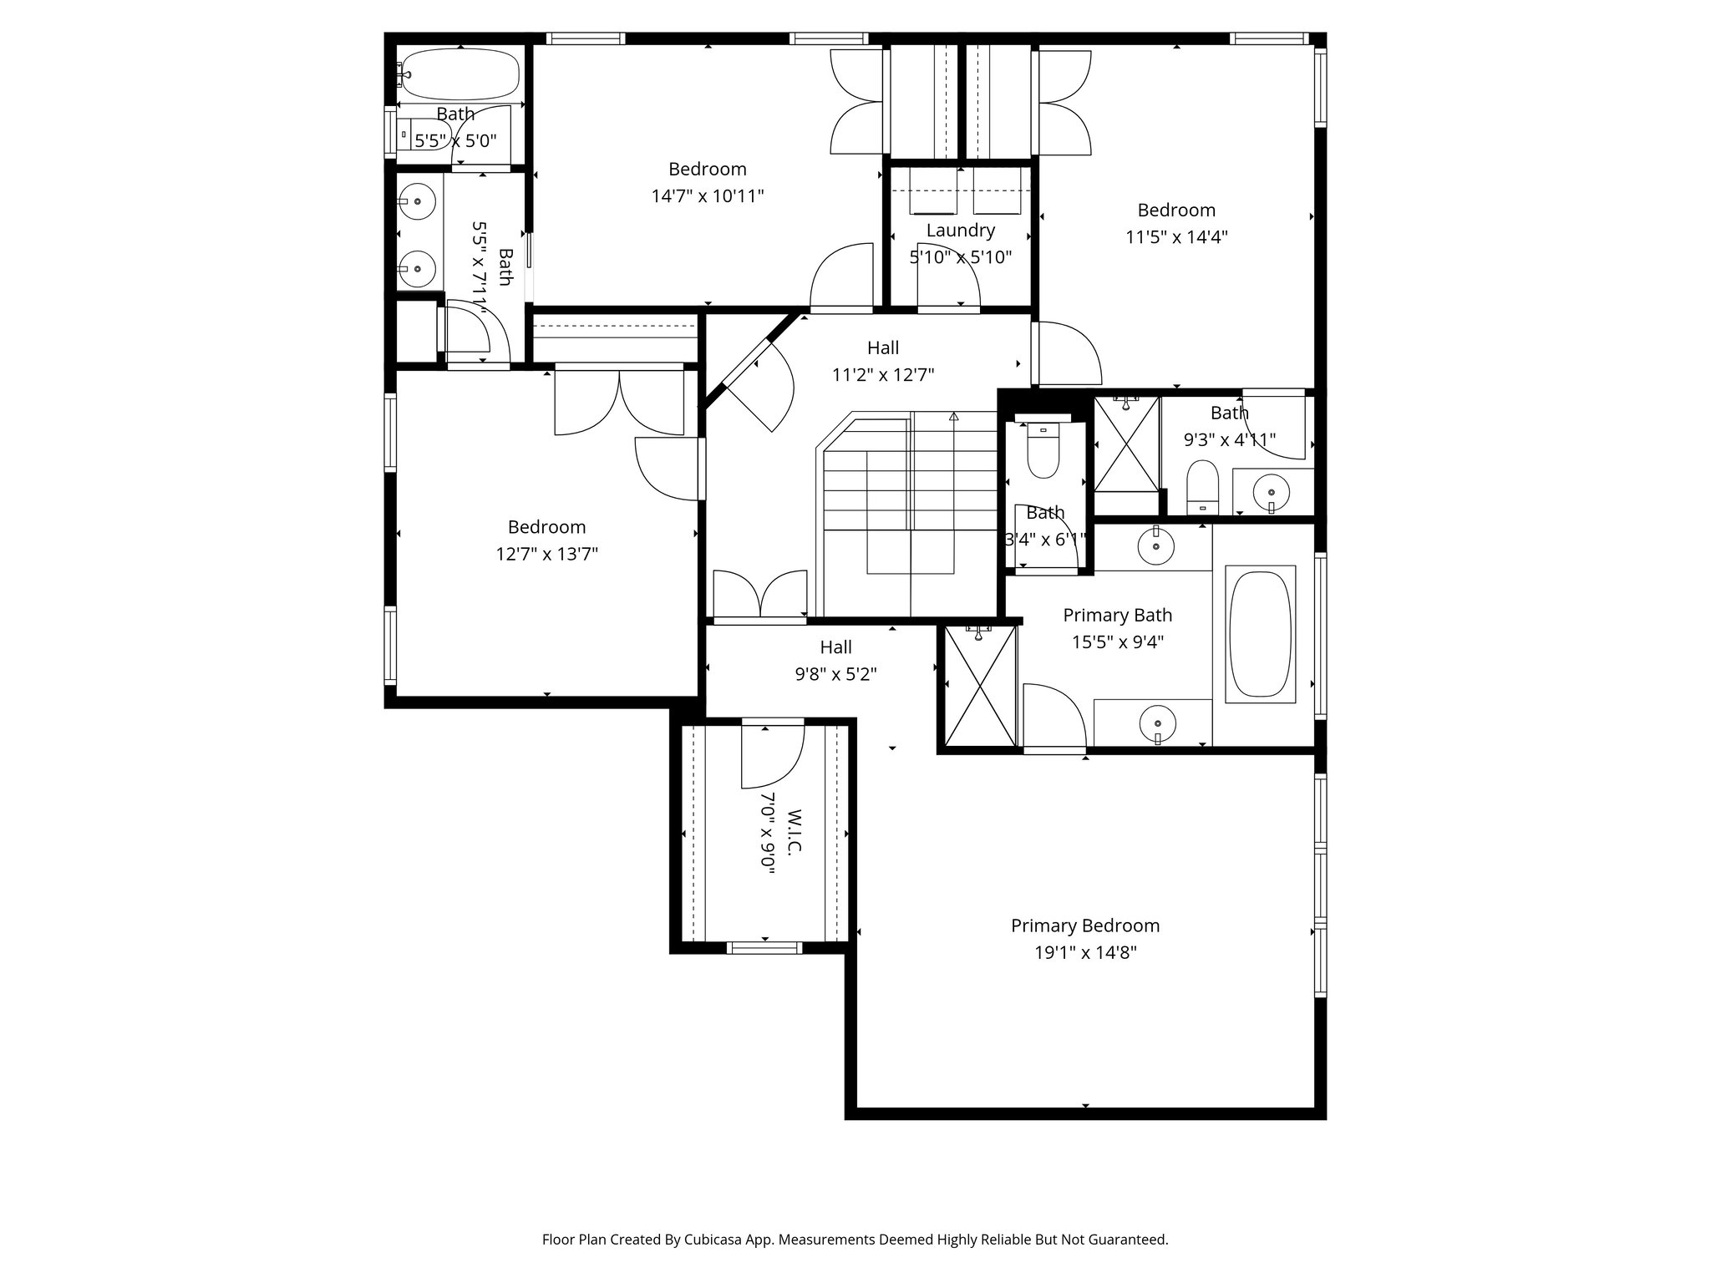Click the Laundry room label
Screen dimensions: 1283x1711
coord(960,230)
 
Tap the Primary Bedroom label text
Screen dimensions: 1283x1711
coord(1085,925)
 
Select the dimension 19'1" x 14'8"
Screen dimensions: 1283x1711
coord(1085,952)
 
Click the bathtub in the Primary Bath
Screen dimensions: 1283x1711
coord(1260,634)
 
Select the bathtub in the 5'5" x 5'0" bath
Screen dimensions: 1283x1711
coord(458,74)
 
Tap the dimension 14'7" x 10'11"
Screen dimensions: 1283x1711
coord(708,196)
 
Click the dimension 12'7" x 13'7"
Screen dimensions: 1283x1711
coord(547,554)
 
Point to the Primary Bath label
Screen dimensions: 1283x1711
coord(1117,616)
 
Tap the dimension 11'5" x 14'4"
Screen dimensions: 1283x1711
coord(1176,236)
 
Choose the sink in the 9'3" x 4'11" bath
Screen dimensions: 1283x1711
coord(1272,491)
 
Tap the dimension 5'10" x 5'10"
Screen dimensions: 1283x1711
coord(960,257)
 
